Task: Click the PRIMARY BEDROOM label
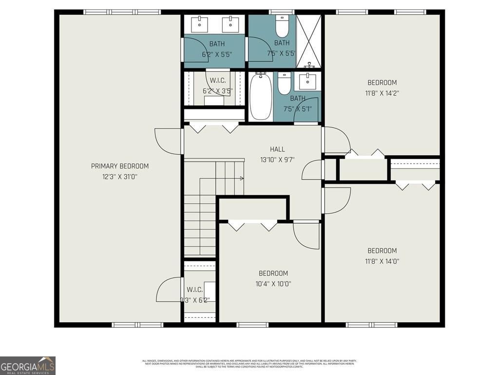click(x=120, y=166)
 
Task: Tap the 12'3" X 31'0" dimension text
click(x=120, y=176)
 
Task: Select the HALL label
click(x=277, y=149)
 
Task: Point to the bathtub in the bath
click(x=262, y=96)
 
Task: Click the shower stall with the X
click(x=309, y=42)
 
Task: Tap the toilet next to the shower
click(x=282, y=27)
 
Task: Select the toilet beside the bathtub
click(x=284, y=84)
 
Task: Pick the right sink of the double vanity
click(x=228, y=23)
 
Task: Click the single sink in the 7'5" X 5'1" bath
click(x=307, y=81)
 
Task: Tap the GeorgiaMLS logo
click(x=28, y=365)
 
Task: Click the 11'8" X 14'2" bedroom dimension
click(x=382, y=93)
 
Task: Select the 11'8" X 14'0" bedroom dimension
click(x=382, y=261)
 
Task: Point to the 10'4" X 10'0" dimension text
click(x=273, y=284)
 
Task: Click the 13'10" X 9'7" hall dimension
click(x=277, y=160)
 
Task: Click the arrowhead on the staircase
click(x=242, y=179)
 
